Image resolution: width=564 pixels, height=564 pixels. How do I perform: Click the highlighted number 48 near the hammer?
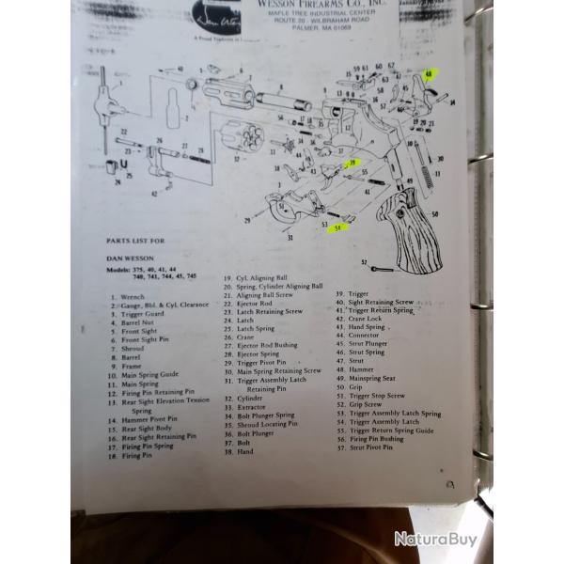click(x=429, y=74)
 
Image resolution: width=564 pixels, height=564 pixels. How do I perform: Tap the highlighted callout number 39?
click(x=353, y=163)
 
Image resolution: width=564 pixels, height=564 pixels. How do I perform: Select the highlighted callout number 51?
click(x=336, y=227)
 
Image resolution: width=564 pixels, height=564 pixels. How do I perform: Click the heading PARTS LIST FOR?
click(x=139, y=241)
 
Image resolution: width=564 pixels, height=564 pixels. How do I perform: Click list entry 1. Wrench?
click(x=129, y=295)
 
